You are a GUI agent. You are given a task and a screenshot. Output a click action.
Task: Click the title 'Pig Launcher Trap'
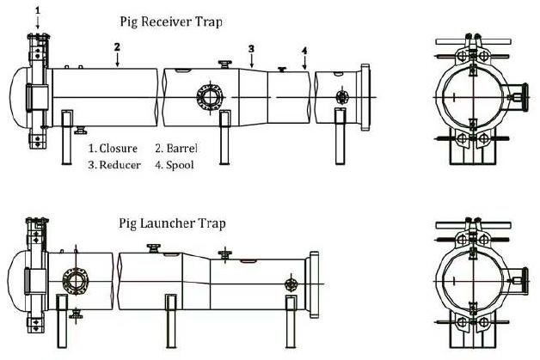[171, 223]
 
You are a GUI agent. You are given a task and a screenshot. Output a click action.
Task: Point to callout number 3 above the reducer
[251, 48]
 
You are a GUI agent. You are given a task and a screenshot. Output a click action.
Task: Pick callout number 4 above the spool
[304, 52]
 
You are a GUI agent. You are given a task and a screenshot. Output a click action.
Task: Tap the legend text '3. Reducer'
[115, 164]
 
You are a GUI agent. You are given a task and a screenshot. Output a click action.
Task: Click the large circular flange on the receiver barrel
[208, 96]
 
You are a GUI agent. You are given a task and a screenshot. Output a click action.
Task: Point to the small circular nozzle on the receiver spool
[342, 97]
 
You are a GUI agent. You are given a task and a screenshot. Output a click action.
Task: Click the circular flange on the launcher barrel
[75, 283]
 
